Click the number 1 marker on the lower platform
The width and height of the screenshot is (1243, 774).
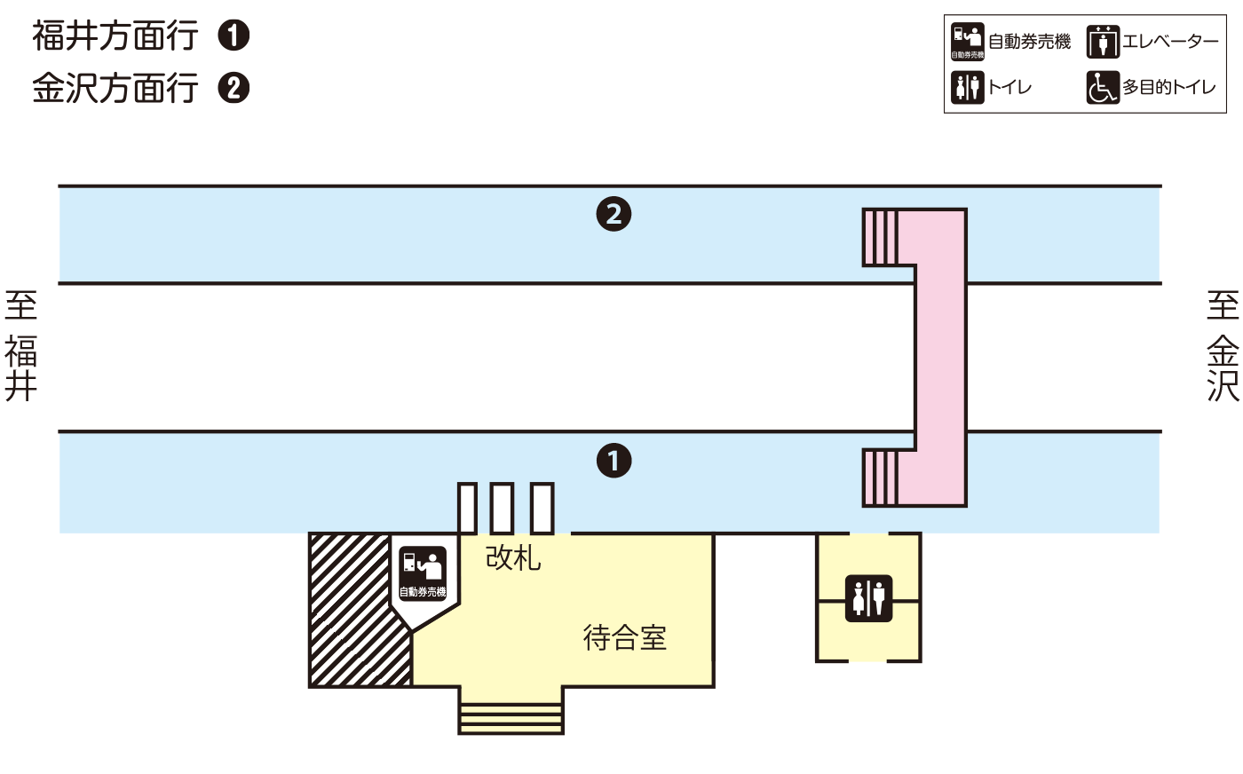coord(614,461)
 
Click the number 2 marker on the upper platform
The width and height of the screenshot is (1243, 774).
coord(614,214)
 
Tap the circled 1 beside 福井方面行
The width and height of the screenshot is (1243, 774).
coord(234,36)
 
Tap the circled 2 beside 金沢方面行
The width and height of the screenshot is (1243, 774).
coord(234,88)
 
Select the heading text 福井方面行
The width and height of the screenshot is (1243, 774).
coord(115,36)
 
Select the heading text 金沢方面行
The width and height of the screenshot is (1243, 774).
coord(115,88)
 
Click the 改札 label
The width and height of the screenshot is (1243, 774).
coord(513,557)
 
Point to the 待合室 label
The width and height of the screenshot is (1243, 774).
coord(624,637)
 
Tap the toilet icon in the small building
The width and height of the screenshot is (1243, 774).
coord(868,598)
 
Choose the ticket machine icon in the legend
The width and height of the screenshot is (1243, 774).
coord(967,42)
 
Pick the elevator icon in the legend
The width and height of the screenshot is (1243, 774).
coord(1103,42)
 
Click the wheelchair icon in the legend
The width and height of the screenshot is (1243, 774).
coord(1103,87)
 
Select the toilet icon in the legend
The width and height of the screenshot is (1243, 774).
coord(967,87)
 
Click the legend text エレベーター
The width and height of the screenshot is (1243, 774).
coord(1170,42)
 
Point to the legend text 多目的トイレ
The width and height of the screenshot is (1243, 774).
coord(1168,87)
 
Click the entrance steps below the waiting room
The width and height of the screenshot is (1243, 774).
coord(511,715)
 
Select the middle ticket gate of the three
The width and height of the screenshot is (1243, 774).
coord(502,508)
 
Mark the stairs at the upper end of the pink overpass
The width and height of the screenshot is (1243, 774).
coord(881,237)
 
